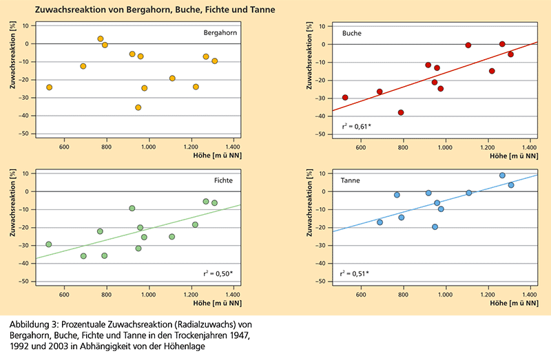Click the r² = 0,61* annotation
356,126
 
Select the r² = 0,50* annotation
220,273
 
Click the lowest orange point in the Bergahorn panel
138,107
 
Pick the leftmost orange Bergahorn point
49,87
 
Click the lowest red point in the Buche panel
401,112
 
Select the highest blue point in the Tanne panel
502,176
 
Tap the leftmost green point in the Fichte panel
49,244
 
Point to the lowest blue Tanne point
435,227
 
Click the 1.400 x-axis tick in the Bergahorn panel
233,147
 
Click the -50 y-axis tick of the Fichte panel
24,282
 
